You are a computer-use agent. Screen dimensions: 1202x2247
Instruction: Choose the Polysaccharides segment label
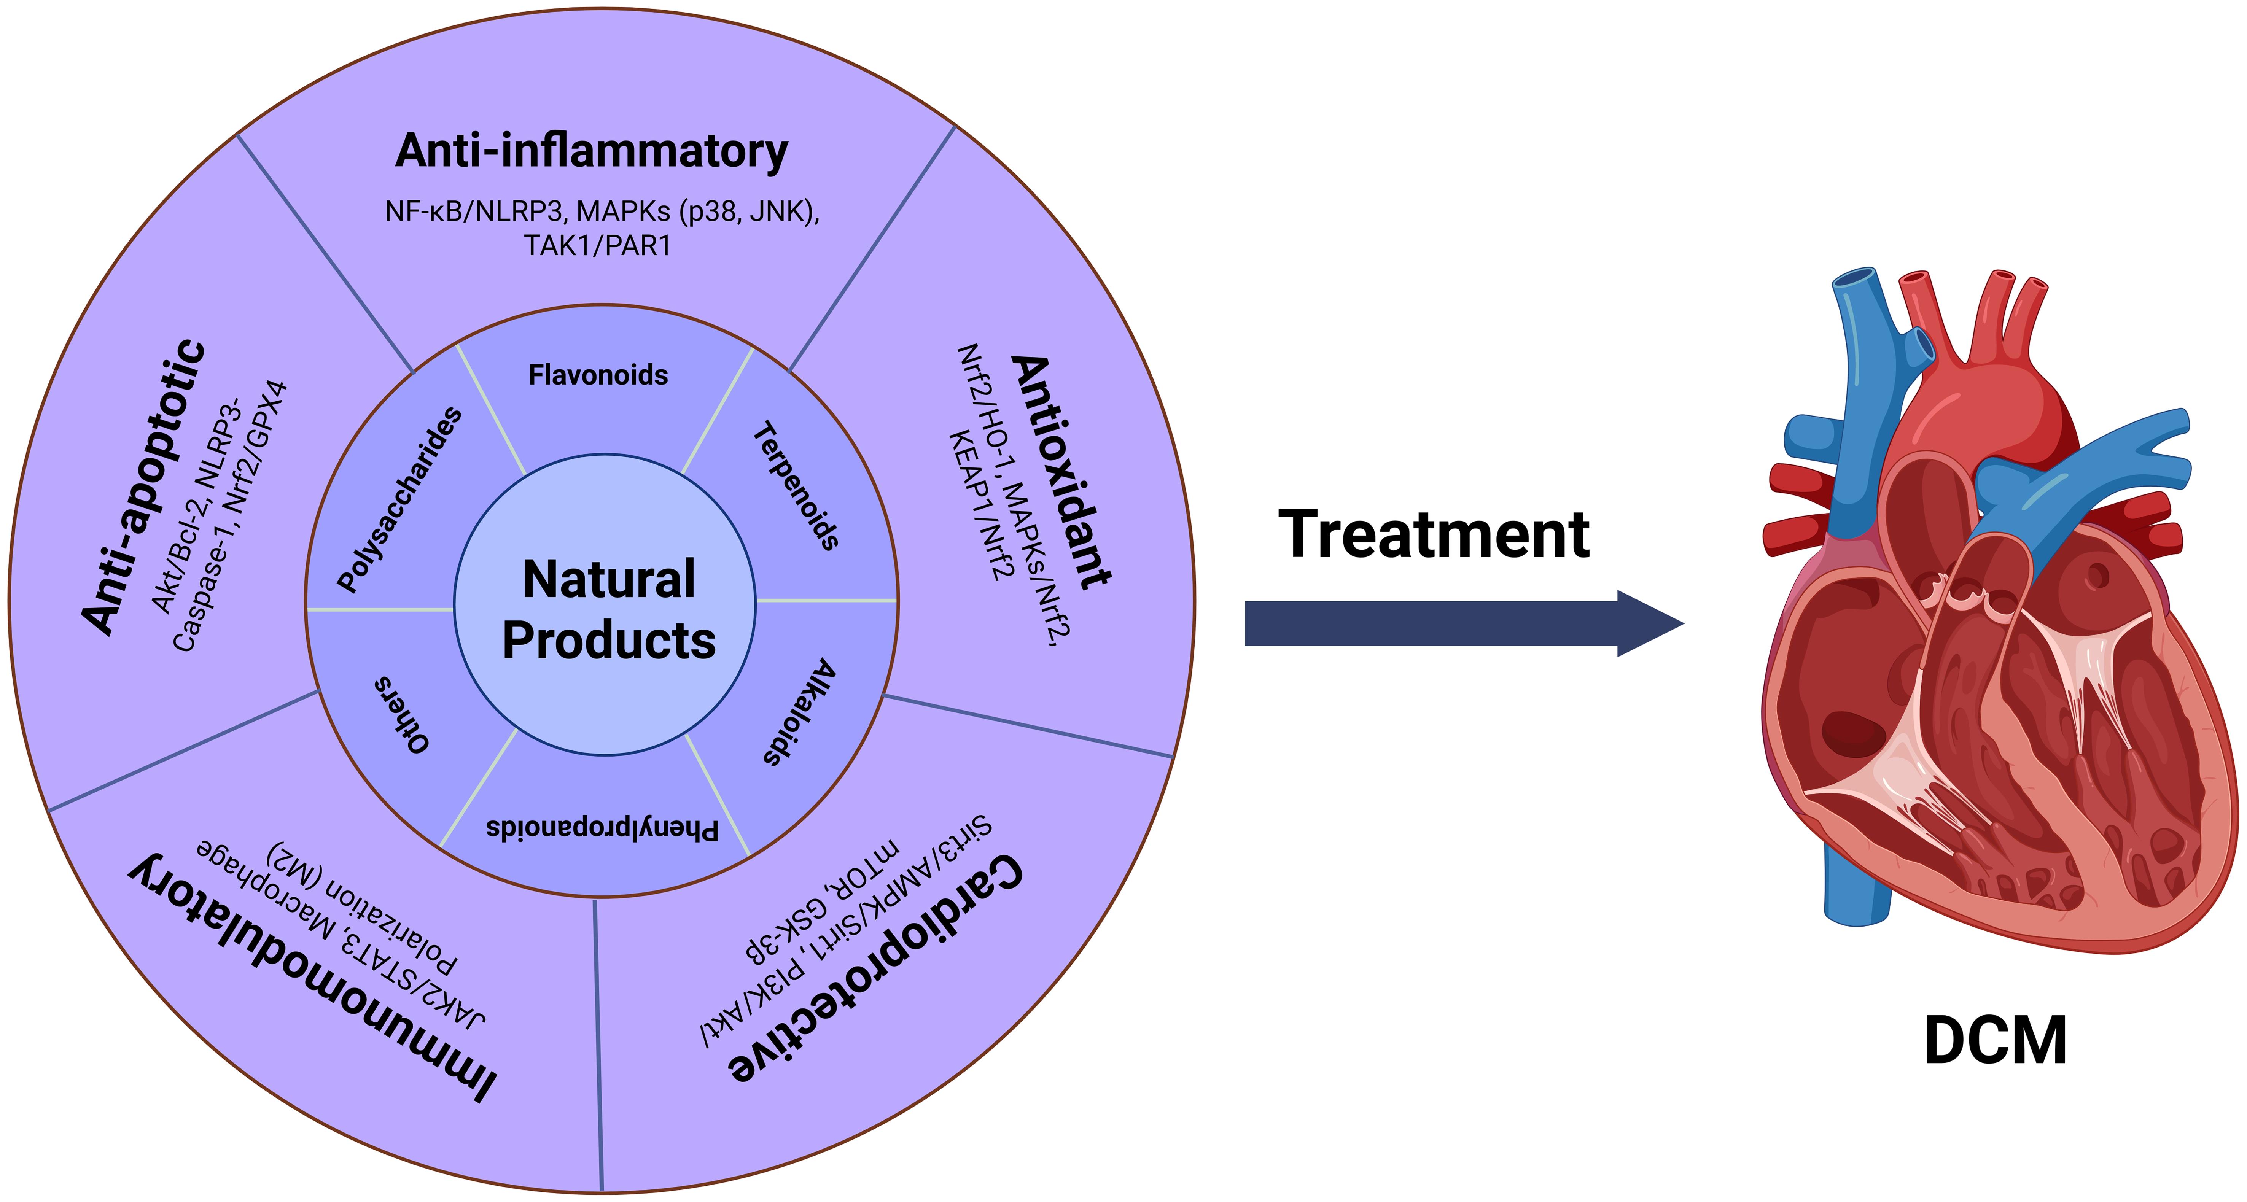(x=399, y=499)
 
